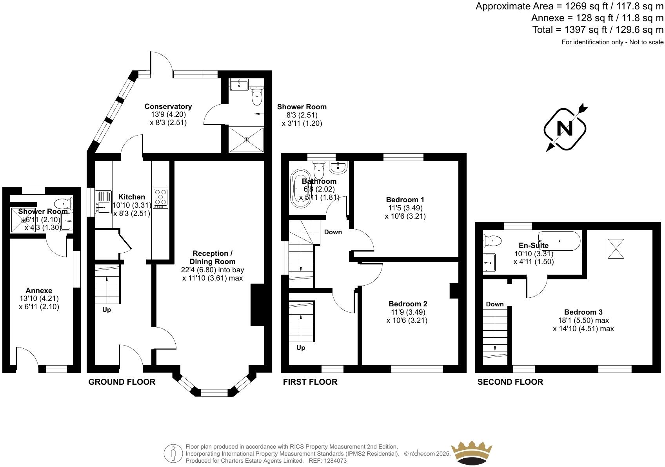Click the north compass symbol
point(565,129)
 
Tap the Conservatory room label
point(168,106)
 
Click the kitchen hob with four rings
point(160,198)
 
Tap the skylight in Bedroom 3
point(616,249)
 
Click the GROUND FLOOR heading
point(122,382)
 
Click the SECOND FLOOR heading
point(510,382)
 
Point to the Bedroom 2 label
point(408,304)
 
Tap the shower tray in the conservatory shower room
point(246,139)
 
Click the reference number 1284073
point(333,461)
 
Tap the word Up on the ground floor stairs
point(107,310)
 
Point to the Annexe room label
point(39,290)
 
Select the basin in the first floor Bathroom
point(338,167)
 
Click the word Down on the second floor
point(494,304)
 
